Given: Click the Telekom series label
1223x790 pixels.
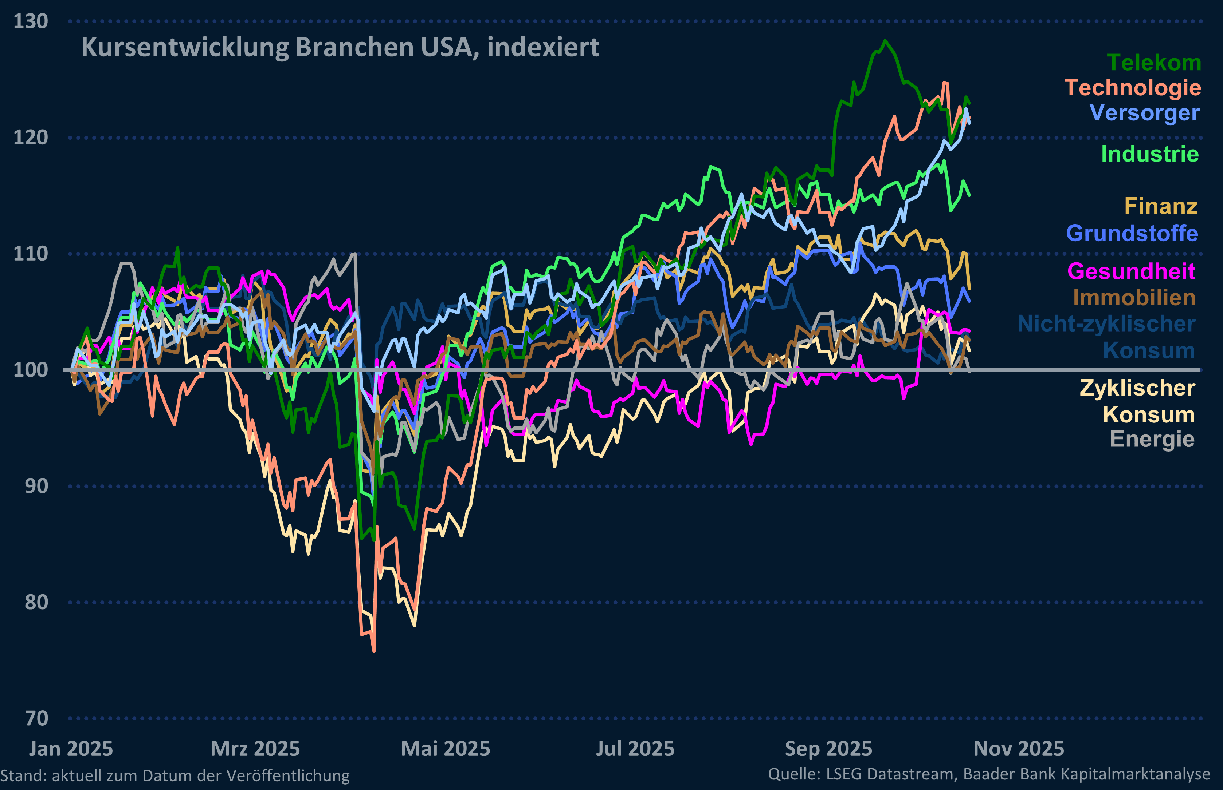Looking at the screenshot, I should point(1154,63).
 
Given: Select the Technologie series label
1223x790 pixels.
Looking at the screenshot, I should point(1133,88).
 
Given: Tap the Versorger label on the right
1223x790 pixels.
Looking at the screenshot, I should point(1144,113).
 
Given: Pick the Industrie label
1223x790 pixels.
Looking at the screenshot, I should point(1149,154).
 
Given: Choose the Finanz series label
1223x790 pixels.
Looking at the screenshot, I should point(1161,206).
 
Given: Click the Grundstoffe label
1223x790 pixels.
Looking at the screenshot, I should point(1132,233).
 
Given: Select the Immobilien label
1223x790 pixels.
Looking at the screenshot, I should point(1134,298).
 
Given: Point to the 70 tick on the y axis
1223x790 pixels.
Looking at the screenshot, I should point(36,719).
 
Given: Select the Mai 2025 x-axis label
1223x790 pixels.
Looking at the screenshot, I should point(445,749).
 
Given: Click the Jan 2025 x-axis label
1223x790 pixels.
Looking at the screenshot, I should point(71,749).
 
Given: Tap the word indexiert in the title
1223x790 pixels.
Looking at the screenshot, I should point(543,48).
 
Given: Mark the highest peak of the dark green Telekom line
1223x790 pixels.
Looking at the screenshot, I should point(885,40).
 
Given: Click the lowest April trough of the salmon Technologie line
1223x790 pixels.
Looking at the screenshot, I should point(374,651).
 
